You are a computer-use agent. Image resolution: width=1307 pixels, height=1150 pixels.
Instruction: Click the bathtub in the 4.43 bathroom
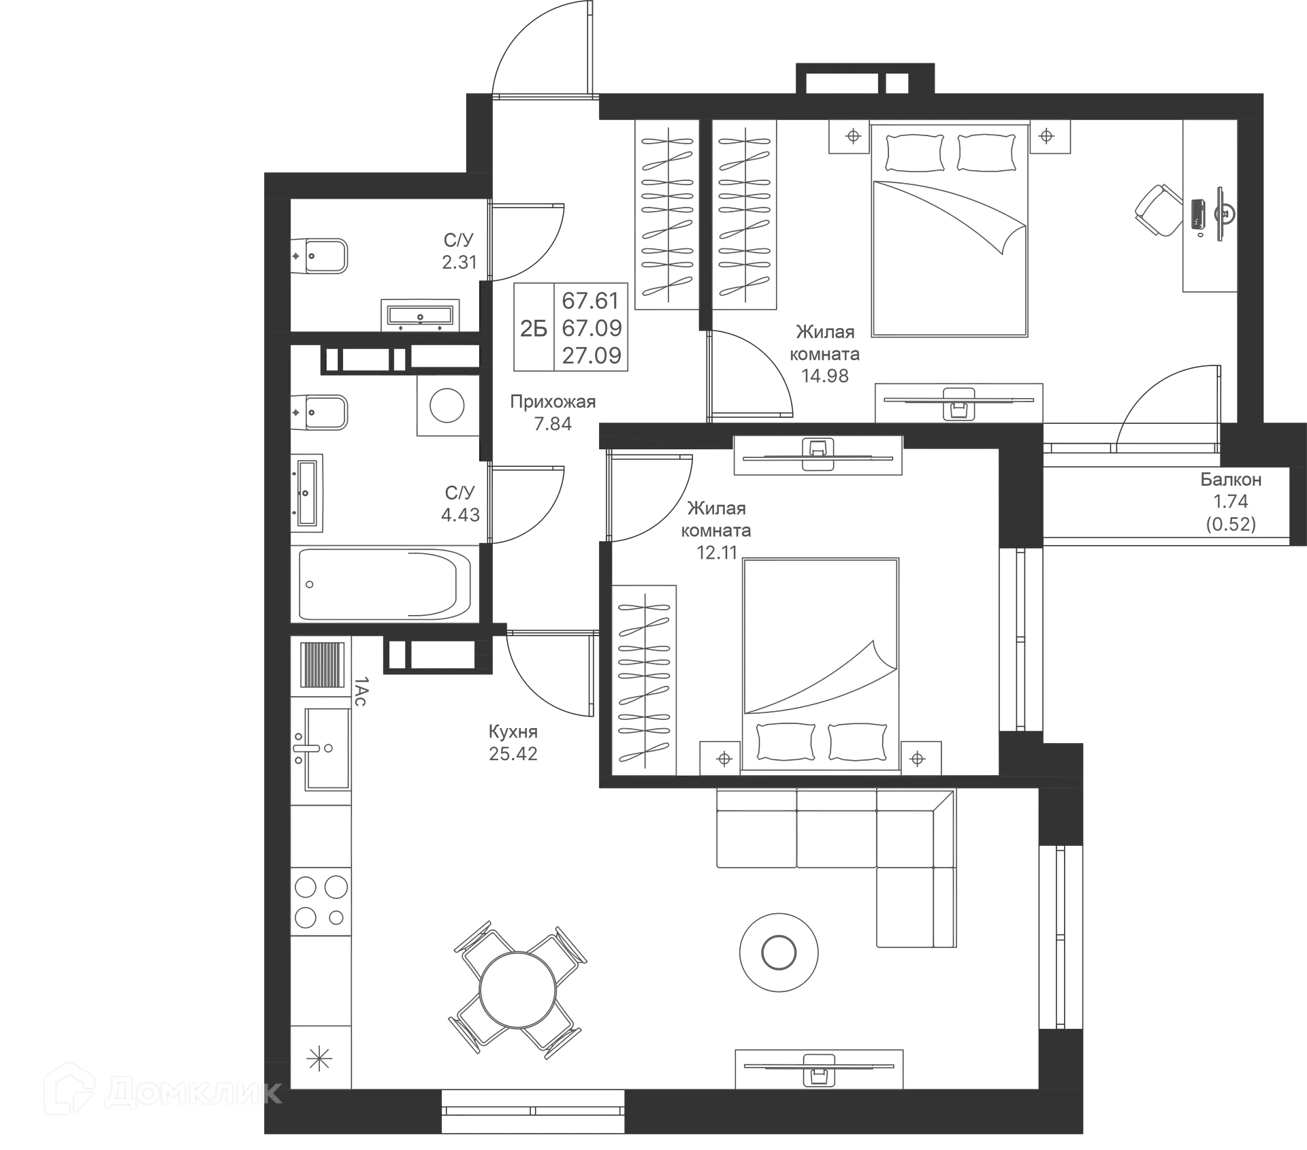pos(385,584)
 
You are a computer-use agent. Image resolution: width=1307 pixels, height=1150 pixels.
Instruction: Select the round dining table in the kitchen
pos(517,989)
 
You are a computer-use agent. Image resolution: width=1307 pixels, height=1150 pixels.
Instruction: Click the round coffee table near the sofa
pos(779,952)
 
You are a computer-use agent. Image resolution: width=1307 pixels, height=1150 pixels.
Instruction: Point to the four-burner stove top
pos(321,902)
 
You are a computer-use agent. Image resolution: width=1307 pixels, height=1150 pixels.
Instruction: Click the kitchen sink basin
pos(327,749)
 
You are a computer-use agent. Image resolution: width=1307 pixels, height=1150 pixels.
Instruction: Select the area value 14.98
pos(824,376)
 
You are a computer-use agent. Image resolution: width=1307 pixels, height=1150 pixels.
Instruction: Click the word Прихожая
pos(553,401)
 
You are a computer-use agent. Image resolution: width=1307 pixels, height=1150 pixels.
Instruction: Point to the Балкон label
pos(1231,479)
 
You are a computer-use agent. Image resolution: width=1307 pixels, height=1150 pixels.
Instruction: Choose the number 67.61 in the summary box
pos(591,300)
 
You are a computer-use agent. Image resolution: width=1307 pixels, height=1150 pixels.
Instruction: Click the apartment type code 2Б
pos(534,329)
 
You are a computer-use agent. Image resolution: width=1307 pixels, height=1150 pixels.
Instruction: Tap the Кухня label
pos(513,732)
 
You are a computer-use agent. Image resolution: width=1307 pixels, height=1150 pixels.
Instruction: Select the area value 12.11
pos(717,553)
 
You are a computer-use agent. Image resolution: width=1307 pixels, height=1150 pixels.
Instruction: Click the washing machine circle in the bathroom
pos(447,406)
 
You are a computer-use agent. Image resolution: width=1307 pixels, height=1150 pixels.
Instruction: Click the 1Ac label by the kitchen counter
pos(360,691)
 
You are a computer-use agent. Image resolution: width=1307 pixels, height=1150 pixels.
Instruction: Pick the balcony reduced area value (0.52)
pos(1231,524)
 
